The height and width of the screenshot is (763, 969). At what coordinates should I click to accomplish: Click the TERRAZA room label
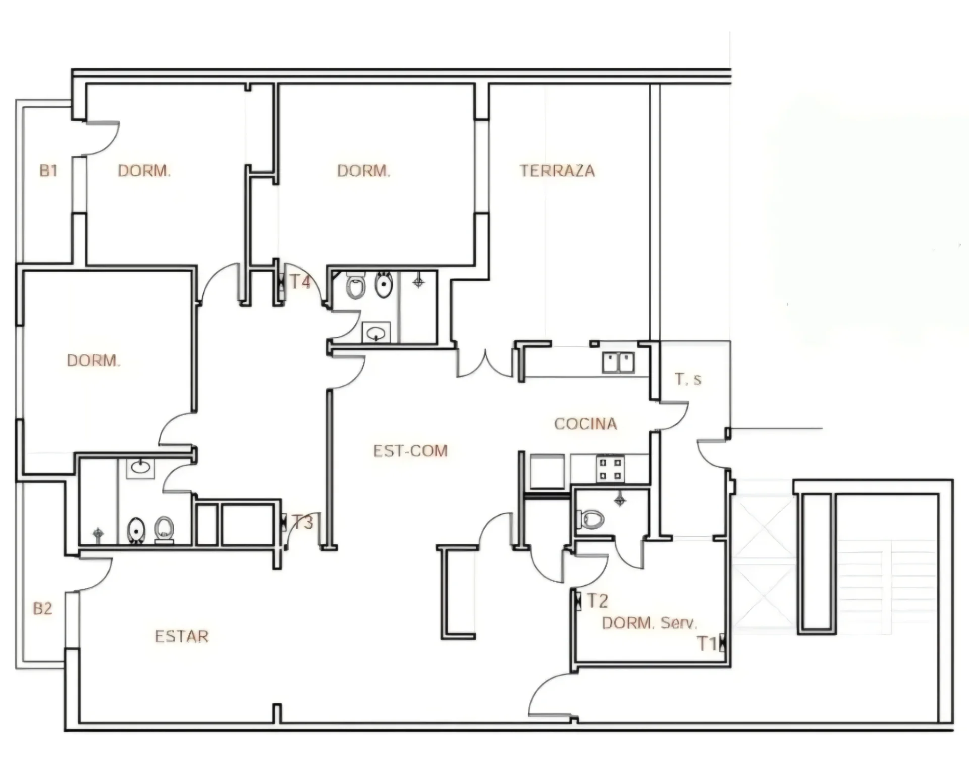[x=557, y=171]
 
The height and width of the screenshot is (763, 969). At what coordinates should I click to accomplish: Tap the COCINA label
[x=585, y=424]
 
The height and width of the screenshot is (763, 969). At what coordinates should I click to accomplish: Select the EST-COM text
[x=410, y=450]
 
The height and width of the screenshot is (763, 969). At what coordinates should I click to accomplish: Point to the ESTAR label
[x=182, y=636]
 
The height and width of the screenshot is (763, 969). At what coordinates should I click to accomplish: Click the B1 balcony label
[x=48, y=171]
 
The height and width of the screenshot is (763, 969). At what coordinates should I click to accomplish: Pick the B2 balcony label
[x=42, y=608]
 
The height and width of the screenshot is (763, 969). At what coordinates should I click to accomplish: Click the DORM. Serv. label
[x=650, y=623]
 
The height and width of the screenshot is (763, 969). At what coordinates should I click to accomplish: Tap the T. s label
[x=688, y=379]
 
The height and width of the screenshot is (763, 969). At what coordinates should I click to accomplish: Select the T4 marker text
[x=300, y=282]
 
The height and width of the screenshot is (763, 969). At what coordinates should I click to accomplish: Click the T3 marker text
[x=303, y=522]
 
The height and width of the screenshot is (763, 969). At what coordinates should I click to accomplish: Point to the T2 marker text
[x=597, y=601]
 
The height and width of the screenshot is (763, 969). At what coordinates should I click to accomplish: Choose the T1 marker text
[x=707, y=644]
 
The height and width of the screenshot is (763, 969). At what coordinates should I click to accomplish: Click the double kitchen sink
[x=618, y=363]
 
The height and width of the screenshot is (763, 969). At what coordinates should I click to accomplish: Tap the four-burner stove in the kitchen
[x=610, y=469]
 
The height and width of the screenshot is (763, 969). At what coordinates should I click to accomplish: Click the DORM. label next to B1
[x=144, y=171]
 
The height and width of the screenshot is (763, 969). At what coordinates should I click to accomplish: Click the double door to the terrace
[x=484, y=363]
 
